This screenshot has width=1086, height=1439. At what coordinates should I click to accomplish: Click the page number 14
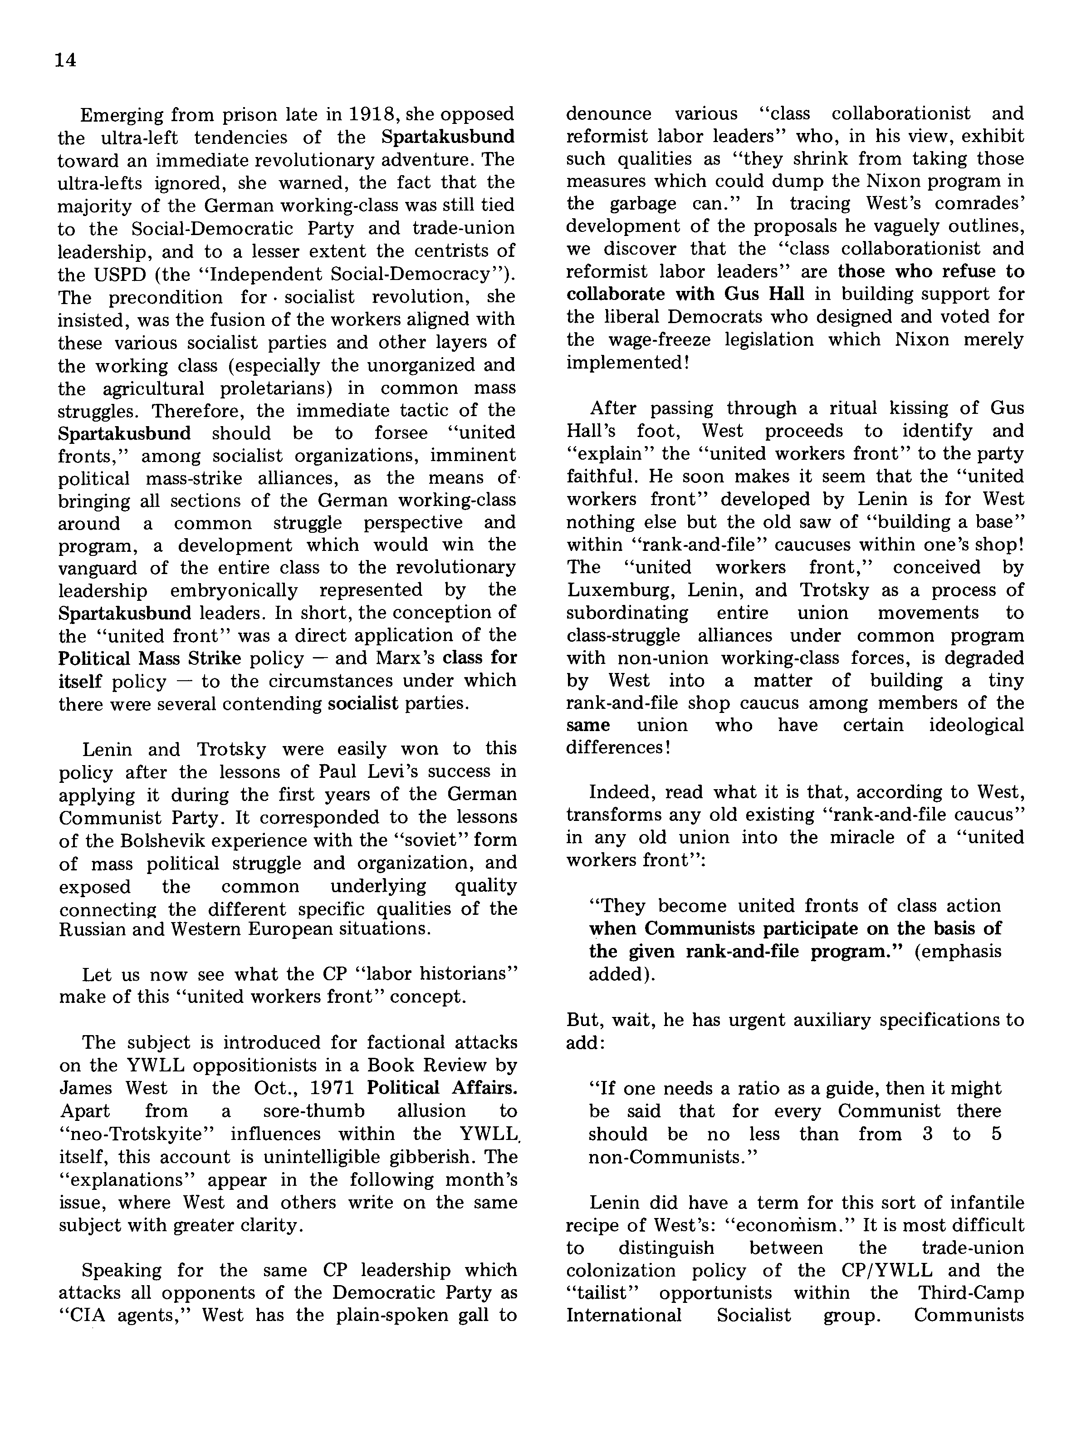tap(66, 60)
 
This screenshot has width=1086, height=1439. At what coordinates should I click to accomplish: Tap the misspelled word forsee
tap(401, 432)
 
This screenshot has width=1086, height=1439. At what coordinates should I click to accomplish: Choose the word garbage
tap(644, 204)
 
